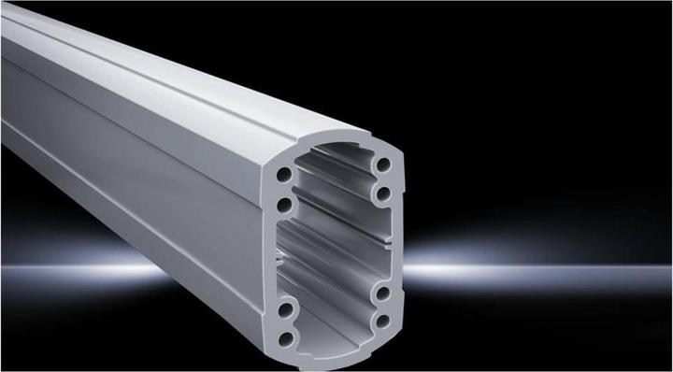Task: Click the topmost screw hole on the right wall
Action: pos(384,165)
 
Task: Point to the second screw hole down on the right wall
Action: pos(384,193)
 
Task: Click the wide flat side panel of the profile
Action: pos(140,178)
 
